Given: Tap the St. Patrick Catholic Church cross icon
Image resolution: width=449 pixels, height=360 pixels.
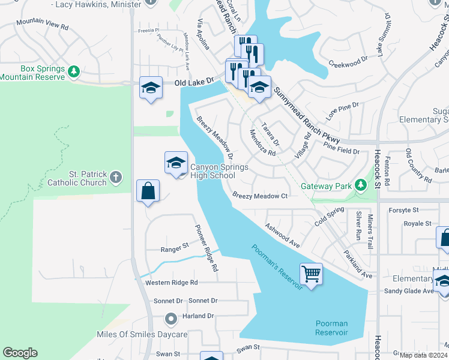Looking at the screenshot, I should tap(116, 177).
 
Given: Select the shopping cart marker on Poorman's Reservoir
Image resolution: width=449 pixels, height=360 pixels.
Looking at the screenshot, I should tap(311, 274).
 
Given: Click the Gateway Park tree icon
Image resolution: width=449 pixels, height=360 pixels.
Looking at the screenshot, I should tap(360, 185).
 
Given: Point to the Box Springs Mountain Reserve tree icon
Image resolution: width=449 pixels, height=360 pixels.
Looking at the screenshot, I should tap(74, 72).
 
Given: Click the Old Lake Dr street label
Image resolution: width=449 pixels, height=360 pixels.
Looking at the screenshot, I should tap(194, 82).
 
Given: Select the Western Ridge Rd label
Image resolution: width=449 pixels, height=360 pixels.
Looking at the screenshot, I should tap(171, 283).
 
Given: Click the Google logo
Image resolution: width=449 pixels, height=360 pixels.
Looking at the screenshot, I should tap(20, 353).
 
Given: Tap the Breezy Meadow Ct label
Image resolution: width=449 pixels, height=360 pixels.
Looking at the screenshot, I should tap(261, 196).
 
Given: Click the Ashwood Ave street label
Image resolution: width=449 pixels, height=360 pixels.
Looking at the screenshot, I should tap(282, 234).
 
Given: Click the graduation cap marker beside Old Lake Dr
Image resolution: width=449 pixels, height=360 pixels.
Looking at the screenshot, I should tap(151, 88).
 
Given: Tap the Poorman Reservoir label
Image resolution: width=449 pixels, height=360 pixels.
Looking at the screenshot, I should tap(331, 328).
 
